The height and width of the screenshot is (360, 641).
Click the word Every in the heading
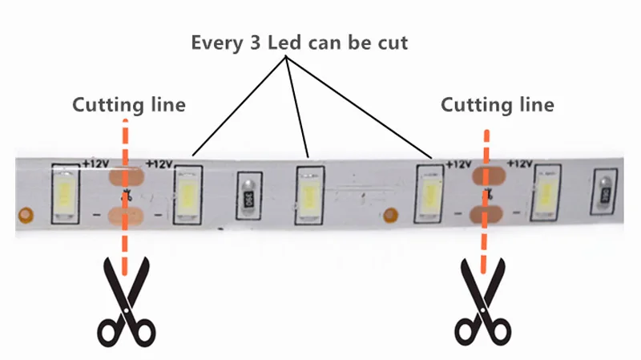214,42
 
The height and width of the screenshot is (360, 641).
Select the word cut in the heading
392,42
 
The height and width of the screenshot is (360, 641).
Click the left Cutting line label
129,105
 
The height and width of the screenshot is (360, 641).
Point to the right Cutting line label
498,105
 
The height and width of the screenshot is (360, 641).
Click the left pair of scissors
125,301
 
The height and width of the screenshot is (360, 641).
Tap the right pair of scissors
484,301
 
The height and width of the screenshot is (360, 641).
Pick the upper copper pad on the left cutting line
126,175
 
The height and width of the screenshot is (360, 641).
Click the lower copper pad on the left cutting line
125,215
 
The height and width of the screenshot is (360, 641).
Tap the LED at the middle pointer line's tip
308,195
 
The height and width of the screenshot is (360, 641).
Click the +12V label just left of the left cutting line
95,164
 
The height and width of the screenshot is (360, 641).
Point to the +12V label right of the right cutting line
520,164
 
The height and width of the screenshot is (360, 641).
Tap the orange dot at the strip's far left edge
26,215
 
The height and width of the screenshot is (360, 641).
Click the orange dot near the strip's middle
391,215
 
